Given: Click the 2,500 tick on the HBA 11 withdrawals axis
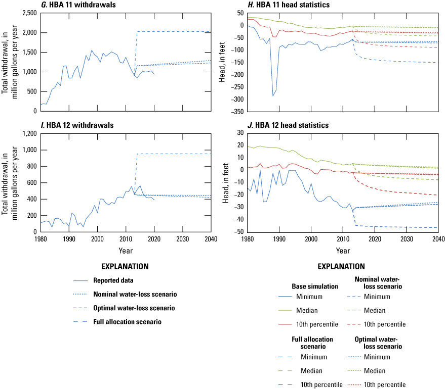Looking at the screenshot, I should point(28,13).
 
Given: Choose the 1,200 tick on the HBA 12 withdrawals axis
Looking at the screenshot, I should point(28,133).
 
